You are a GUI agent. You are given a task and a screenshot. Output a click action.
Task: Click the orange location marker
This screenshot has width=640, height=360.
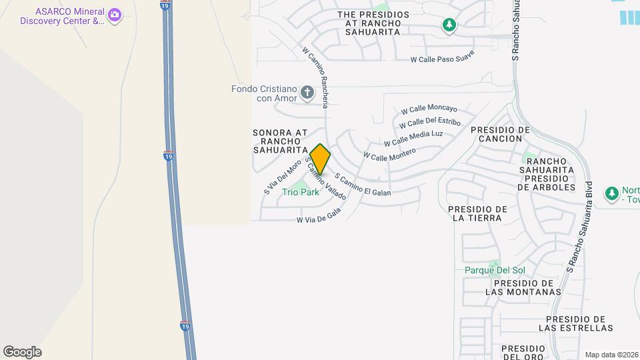coord(320,159)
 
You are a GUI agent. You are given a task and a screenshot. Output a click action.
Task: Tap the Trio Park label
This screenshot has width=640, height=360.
coord(301,192)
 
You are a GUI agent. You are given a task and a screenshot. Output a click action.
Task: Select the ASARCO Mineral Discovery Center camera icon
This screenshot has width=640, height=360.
coord(115,14)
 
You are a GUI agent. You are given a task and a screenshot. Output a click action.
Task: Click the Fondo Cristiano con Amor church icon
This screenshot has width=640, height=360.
coord(307,92)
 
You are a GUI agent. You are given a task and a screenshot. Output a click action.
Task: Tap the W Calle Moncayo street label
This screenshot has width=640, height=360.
coord(429,109)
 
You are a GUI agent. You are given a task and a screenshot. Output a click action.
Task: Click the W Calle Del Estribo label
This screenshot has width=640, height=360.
coord(429,123)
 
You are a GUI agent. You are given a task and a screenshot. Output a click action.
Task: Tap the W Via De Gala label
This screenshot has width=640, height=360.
coord(319,215)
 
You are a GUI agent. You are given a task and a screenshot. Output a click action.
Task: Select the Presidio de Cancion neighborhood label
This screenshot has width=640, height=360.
coord(504,134)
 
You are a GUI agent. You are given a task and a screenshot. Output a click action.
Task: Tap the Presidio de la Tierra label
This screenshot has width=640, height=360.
coord(479,213)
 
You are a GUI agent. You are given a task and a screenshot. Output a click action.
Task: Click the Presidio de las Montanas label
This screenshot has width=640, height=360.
coord(523,287)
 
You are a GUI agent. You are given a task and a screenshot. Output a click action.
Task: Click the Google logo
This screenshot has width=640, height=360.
coord(22,352)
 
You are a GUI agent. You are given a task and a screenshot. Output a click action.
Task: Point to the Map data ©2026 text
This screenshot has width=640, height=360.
coord(611,355)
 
